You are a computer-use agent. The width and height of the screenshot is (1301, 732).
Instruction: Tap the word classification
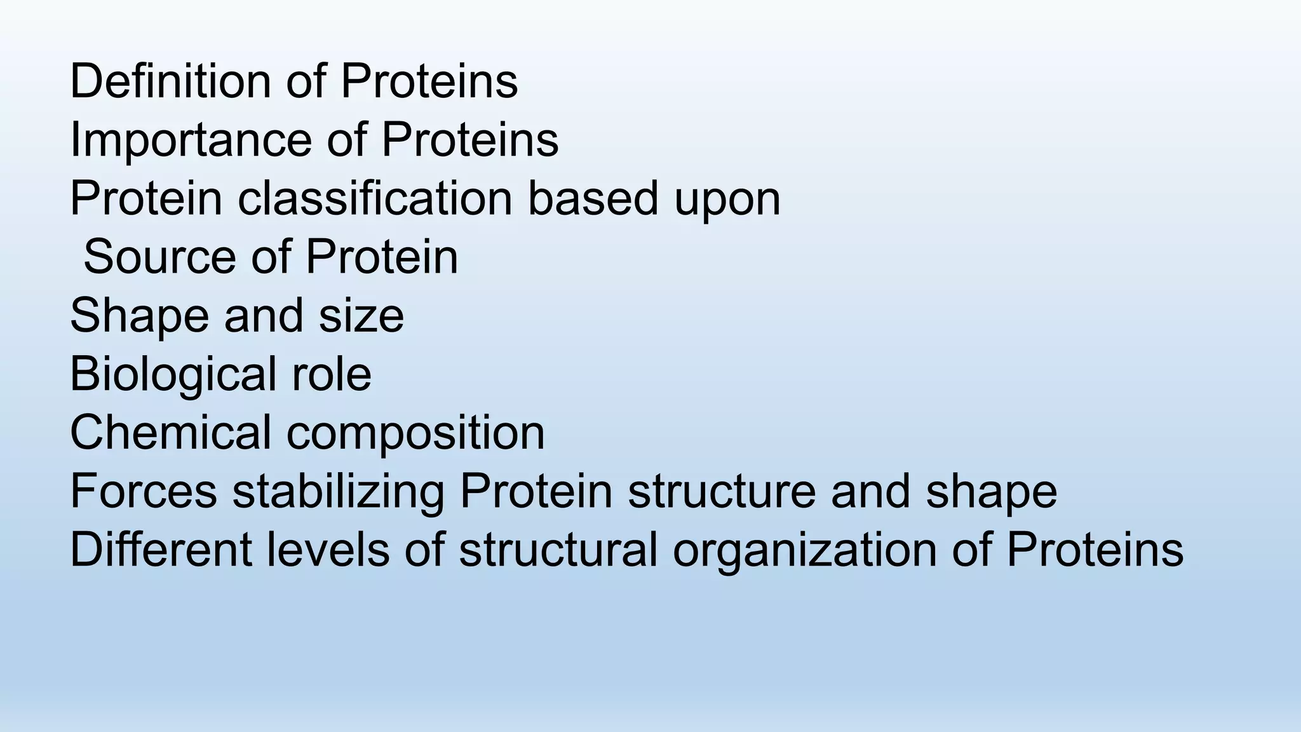[375, 198]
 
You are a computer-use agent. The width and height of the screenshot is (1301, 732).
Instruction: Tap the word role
[331, 374]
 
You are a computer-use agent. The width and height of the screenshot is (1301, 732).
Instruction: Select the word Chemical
[171, 432]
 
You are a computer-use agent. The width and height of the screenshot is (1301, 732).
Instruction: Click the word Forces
[144, 491]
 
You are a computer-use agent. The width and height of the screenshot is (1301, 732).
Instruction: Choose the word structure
[722, 491]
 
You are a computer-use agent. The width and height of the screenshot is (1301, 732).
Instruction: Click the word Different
[161, 549]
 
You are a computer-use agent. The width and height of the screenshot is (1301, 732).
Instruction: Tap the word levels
[328, 549]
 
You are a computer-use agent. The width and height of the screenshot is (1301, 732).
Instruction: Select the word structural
[558, 549]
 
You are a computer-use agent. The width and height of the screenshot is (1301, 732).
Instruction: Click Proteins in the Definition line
[429, 81]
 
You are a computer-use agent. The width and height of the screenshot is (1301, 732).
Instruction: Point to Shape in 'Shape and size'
[139, 316]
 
